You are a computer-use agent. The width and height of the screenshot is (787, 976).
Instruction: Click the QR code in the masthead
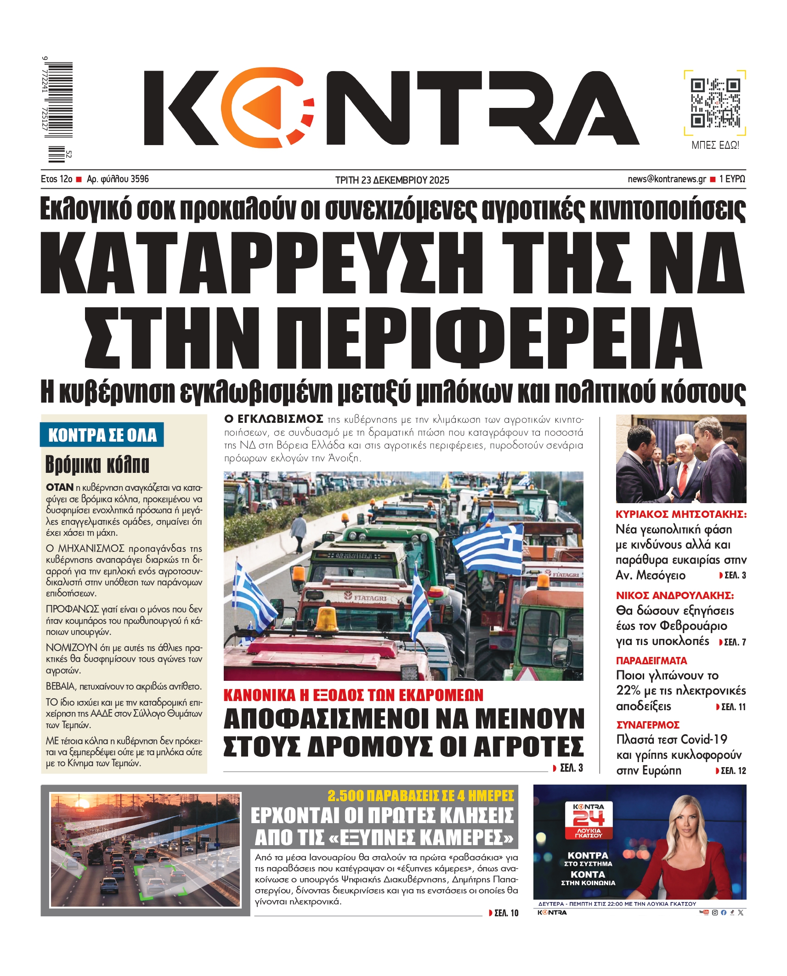(x=715, y=103)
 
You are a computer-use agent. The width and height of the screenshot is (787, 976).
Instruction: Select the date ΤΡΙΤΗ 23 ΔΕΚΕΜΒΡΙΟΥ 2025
(x=392, y=180)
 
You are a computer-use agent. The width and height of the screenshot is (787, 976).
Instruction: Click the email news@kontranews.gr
(x=667, y=179)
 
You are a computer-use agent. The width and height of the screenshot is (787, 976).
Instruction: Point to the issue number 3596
(x=140, y=179)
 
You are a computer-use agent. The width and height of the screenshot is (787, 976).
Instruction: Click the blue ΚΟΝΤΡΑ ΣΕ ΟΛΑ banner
(x=102, y=435)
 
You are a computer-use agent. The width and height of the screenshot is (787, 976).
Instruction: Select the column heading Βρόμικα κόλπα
(x=97, y=464)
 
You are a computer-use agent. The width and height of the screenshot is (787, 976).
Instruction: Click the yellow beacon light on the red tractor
(x=327, y=618)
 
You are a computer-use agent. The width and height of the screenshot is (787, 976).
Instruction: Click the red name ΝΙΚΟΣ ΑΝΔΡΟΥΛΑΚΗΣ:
(x=674, y=595)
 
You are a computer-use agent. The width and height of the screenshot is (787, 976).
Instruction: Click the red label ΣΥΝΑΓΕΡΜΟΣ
(x=647, y=725)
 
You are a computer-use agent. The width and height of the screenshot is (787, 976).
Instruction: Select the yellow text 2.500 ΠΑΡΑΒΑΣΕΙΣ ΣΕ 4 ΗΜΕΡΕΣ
(x=420, y=796)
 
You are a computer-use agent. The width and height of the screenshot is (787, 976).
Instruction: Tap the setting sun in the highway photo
(x=83, y=804)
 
